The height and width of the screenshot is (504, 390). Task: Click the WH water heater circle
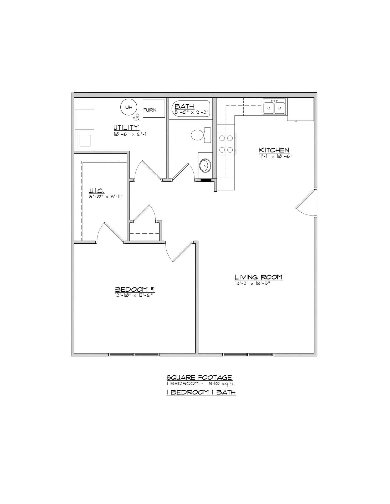click(129, 107)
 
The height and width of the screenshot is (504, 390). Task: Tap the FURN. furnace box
click(154, 108)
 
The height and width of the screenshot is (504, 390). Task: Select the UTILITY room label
click(126, 128)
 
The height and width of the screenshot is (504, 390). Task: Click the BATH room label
click(184, 106)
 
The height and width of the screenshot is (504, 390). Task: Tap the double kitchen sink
click(274, 107)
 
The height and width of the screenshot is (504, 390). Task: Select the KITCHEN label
click(274, 150)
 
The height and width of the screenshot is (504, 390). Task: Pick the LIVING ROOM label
click(258, 277)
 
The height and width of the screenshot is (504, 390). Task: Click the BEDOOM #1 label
click(135, 289)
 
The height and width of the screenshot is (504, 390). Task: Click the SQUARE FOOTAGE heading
click(199, 377)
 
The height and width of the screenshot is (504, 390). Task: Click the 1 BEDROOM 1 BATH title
click(201, 392)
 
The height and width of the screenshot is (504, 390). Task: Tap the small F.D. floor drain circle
click(137, 115)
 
